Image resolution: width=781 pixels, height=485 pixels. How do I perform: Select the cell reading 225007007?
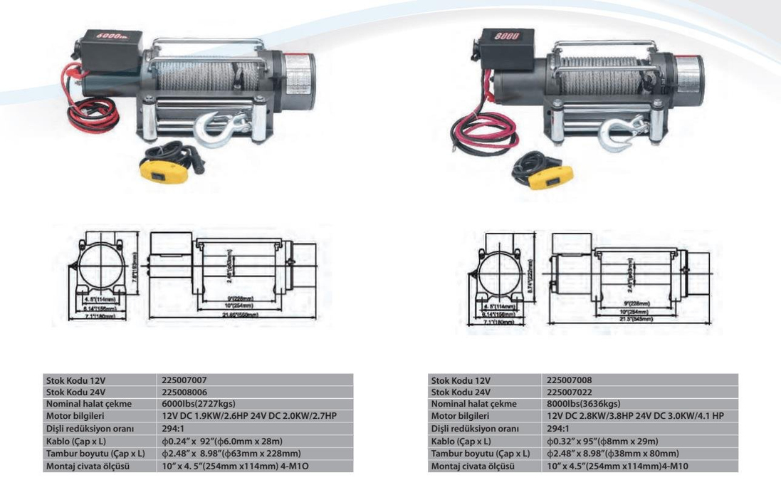[184, 380]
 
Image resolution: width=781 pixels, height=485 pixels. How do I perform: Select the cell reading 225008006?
[184, 392]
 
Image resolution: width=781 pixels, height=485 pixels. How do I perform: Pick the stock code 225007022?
[569, 392]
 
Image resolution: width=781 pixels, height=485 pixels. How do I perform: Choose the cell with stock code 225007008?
[569, 380]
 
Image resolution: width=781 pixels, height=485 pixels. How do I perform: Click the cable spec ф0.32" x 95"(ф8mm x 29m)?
[604, 441]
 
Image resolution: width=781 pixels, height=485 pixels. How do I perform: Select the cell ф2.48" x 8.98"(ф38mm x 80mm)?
[612, 453]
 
